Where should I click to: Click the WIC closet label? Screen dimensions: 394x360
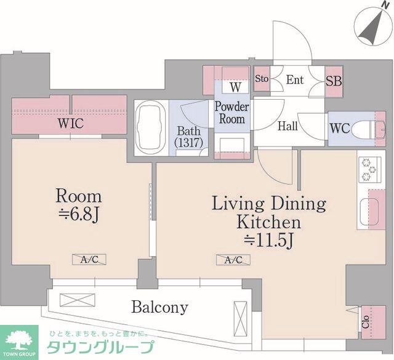click(70, 123)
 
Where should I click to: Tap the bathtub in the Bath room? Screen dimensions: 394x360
click(150, 128)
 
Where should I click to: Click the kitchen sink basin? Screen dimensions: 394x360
click(369, 212)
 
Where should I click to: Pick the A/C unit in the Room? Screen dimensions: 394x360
click(89, 260)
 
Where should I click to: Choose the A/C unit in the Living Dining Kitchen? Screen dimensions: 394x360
click(233, 260)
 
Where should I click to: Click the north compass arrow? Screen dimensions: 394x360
click(371, 28)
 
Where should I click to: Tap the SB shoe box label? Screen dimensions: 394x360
click(334, 81)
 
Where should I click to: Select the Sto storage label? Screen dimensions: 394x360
click(262, 79)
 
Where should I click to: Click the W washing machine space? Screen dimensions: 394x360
click(235, 87)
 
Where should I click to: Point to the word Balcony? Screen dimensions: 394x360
click(160, 307)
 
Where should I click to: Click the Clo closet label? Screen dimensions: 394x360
click(365, 322)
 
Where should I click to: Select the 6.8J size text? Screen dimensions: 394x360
click(78, 215)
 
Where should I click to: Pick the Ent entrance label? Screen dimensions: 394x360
click(295, 80)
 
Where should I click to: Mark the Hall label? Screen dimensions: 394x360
click(287, 126)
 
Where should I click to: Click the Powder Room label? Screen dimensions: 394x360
click(231, 113)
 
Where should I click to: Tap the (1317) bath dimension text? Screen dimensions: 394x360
click(189, 143)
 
